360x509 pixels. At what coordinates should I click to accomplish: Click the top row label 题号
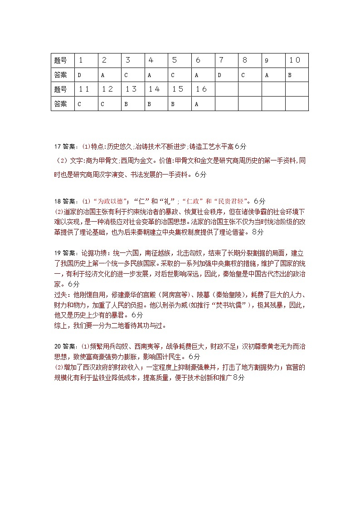coord(60,60)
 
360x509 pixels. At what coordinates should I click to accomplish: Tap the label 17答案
coord(65,146)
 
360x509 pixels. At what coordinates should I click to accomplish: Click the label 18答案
coord(65,201)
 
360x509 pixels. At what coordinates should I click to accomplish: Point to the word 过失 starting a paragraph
coord(60,295)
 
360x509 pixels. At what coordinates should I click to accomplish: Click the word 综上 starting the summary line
coord(60,325)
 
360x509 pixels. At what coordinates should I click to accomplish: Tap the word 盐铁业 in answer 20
coord(110,366)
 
